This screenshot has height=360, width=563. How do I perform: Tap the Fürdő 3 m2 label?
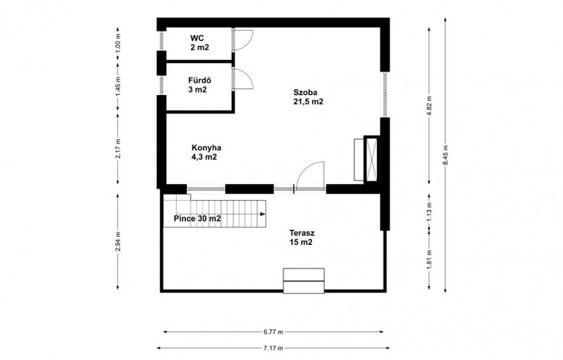click(199, 85)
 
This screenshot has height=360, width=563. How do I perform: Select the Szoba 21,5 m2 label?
click(308, 97)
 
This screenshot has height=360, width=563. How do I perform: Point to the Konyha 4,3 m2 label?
click(206, 152)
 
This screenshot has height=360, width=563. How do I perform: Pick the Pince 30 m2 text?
click(197, 219)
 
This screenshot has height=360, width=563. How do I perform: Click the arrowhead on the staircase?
click(263, 214)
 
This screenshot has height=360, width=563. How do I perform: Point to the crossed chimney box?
click(372, 159)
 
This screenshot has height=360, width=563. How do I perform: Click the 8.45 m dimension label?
click(445, 155)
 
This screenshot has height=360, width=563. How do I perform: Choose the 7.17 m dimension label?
click(274, 348)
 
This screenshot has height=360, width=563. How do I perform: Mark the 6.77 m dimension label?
click(274, 332)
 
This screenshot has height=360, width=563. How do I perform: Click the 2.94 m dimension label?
click(118, 242)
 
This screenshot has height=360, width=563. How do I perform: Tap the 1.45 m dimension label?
click(118, 86)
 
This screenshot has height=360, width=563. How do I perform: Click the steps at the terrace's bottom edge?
click(304, 280)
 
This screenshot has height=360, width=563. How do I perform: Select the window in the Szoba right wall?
click(385, 94)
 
